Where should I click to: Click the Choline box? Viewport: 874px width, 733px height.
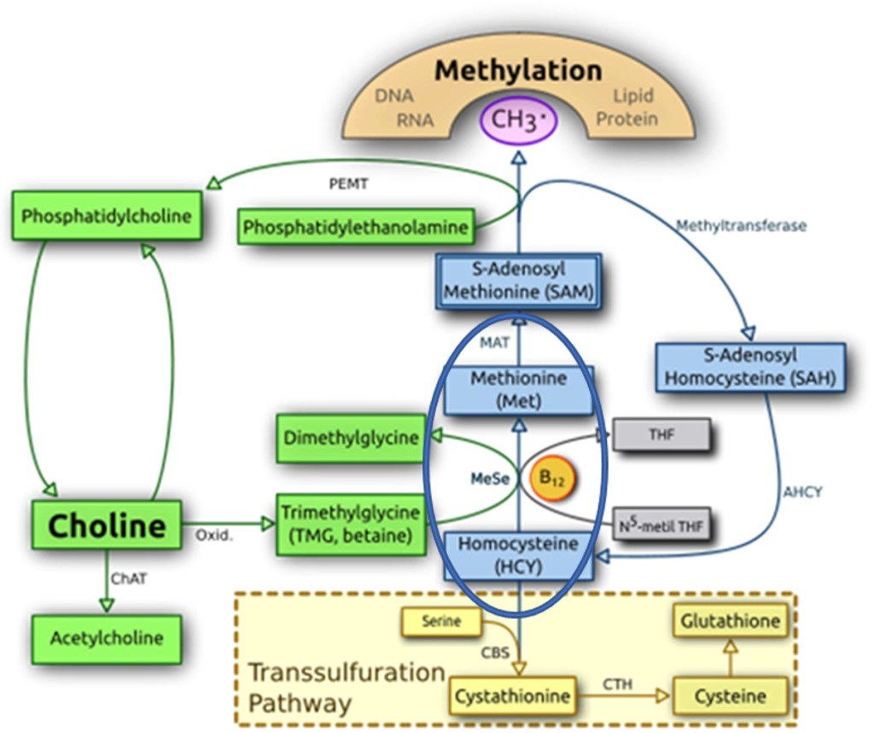(106, 525)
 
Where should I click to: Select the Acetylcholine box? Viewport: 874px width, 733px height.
(107, 638)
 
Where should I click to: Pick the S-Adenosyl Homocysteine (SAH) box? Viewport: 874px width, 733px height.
(749, 367)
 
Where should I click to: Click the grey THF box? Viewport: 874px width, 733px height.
(661, 434)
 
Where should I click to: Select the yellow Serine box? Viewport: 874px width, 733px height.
(441, 622)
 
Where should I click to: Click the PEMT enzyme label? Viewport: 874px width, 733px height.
(349, 184)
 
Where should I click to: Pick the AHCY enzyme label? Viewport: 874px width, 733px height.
(804, 492)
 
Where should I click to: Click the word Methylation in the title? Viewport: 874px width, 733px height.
(518, 70)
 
